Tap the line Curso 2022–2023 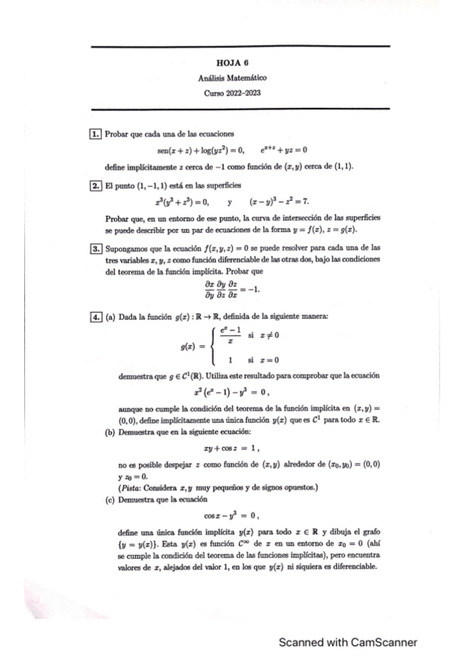[233, 93]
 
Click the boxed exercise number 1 [95, 135]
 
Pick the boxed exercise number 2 [95, 185]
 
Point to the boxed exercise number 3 [95, 248]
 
